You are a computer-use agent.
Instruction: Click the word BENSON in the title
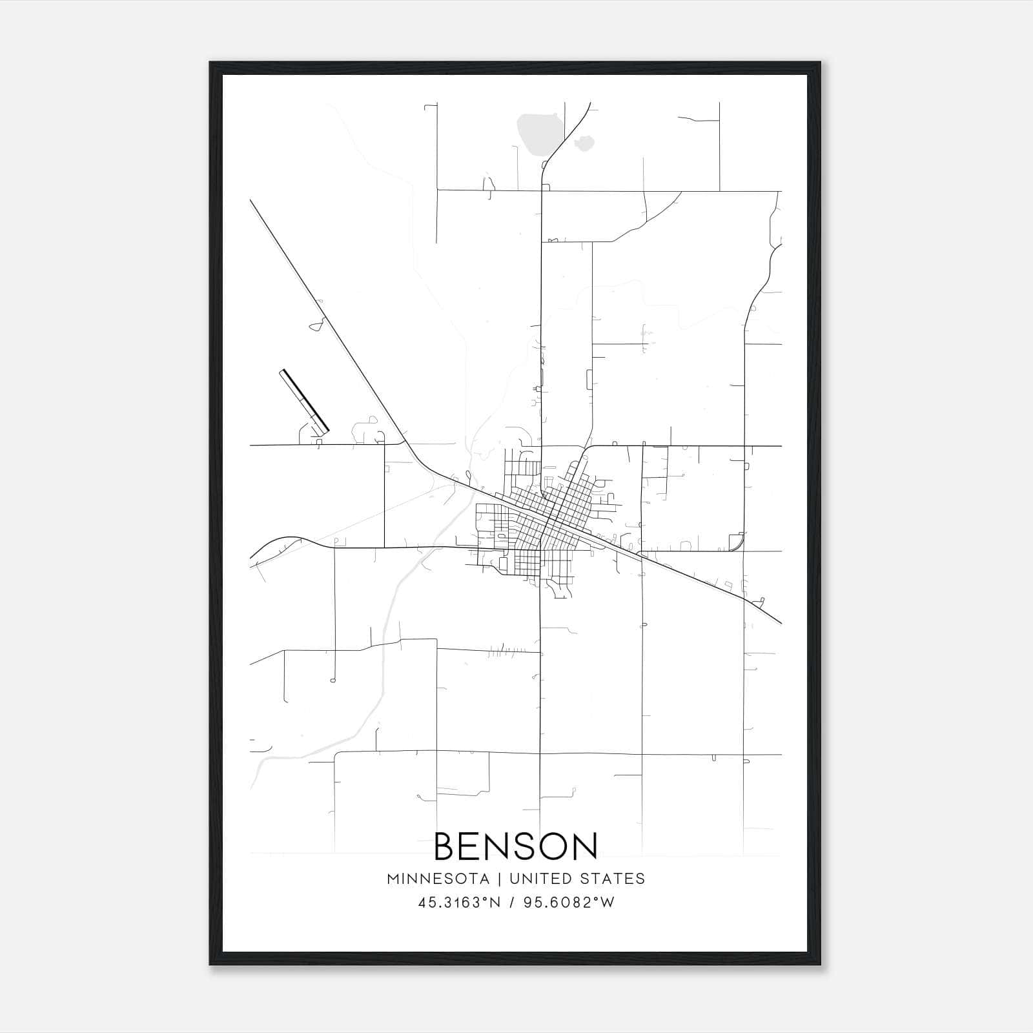[516, 846]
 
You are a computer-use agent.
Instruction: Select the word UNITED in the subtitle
[540, 879]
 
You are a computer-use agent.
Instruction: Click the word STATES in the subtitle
[612, 879]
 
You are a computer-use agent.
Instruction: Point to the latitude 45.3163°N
[459, 903]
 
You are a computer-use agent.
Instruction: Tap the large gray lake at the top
[537, 134]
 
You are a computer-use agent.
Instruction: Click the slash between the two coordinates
[511, 903]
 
